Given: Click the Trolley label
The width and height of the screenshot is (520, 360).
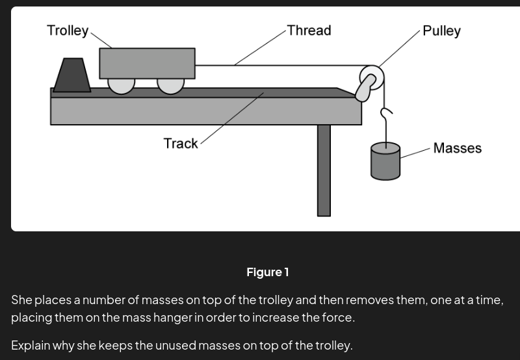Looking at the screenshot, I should [68, 31].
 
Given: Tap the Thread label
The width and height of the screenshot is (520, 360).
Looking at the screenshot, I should [309, 31].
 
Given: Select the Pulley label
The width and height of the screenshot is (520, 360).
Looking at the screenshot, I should [441, 31].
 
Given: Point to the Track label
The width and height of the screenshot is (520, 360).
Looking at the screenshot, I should [181, 143].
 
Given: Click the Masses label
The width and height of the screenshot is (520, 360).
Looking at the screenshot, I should [457, 148].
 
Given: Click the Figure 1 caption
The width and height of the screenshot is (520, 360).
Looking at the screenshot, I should [267, 272].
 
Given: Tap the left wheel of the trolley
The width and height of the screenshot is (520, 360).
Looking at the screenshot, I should [121, 85].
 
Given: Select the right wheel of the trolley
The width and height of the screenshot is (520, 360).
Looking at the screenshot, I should [170, 85].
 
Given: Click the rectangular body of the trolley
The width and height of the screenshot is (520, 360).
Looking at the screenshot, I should [147, 62].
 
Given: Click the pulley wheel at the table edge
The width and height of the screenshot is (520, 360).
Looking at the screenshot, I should [372, 78].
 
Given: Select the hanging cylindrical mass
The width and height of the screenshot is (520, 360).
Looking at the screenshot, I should [385, 162].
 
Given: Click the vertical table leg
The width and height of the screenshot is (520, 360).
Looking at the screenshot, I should [324, 170].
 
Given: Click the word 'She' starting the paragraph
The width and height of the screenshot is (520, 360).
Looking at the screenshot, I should [21, 300].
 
